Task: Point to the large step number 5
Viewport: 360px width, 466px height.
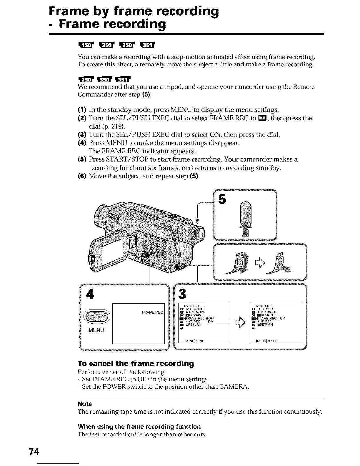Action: pyautogui.click(x=223, y=200)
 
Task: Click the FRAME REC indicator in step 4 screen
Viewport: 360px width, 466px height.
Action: pyautogui.click(x=152, y=312)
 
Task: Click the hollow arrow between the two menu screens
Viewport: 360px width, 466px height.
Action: pyautogui.click(x=240, y=322)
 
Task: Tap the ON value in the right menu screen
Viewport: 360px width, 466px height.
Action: pyautogui.click(x=282, y=318)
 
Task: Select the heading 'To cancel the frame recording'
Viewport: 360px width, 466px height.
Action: pyautogui.click(x=136, y=363)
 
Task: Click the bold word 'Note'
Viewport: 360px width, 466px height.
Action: pyautogui.click(x=85, y=404)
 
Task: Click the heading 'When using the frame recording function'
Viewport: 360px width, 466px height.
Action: pyautogui.click(x=139, y=427)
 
